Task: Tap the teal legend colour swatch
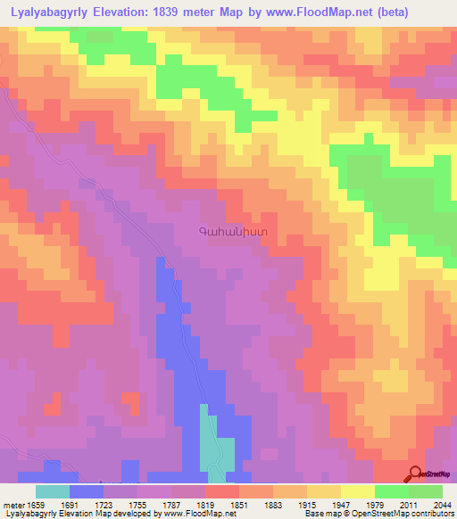click(x=53, y=491)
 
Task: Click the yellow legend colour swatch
click(x=357, y=491)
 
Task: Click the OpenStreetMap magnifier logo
click(x=414, y=474)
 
